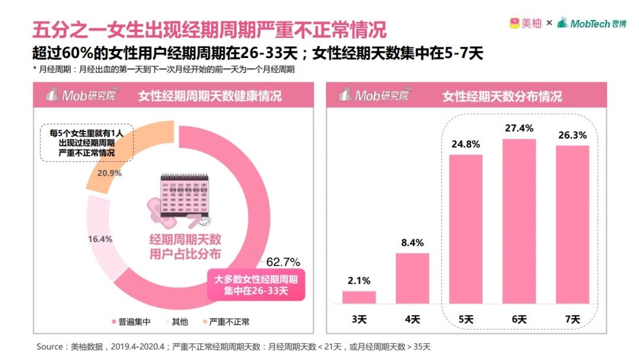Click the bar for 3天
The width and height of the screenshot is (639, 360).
click(359, 297)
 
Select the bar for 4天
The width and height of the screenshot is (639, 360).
click(412, 278)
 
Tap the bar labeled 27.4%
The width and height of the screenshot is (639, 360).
click(519, 221)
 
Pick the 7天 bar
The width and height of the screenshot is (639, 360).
click(572, 224)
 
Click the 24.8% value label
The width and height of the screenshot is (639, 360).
click(465, 144)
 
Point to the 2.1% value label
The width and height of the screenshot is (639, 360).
click(359, 281)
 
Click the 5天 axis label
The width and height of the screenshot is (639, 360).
click(465, 319)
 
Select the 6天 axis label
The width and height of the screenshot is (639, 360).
click(519, 319)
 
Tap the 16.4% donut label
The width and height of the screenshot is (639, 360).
click(101, 239)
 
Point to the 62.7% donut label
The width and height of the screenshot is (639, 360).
click(283, 262)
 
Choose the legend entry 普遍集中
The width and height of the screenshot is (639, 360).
click(131, 322)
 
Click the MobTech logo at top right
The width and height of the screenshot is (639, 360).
click(591, 23)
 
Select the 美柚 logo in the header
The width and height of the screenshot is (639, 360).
click(525, 23)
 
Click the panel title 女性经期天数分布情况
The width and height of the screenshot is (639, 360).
click(502, 96)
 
